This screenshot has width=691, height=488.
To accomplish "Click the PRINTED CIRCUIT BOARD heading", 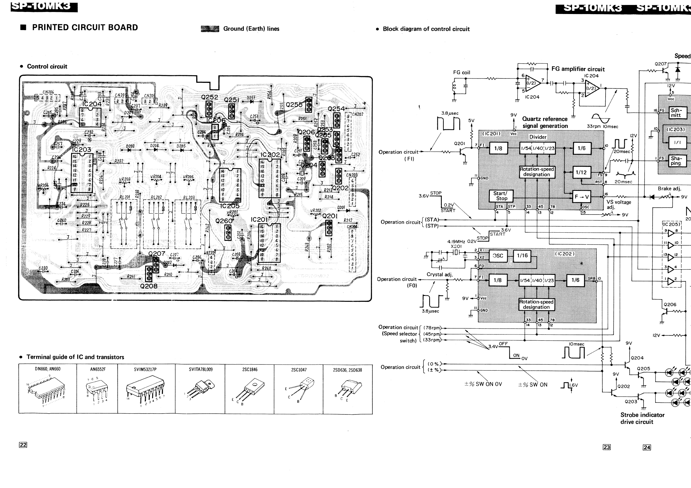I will click(x=85, y=27).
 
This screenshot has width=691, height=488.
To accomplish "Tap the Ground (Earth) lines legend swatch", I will click(x=210, y=29).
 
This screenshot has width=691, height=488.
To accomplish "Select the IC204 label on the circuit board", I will click(x=92, y=104).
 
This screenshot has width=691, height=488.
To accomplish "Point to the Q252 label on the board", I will click(x=209, y=97).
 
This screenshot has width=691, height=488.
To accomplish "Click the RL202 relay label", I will click(x=156, y=197).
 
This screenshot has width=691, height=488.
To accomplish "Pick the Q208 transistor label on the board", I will click(x=149, y=286).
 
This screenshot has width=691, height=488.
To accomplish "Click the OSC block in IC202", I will click(x=498, y=256).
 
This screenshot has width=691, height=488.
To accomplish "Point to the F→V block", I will click(x=581, y=197).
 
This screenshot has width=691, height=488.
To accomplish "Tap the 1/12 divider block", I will click(x=581, y=172).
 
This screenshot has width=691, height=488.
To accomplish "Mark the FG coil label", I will click(x=461, y=73).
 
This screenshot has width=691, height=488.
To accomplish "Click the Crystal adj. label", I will click(x=439, y=274).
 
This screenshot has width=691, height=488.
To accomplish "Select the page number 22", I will click(x=23, y=445).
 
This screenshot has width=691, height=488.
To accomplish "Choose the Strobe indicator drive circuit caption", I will click(x=642, y=418).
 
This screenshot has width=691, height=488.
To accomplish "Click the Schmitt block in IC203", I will click(x=677, y=113).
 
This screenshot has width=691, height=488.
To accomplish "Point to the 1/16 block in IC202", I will click(x=522, y=256).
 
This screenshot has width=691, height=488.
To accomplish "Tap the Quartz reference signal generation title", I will click(x=545, y=122).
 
